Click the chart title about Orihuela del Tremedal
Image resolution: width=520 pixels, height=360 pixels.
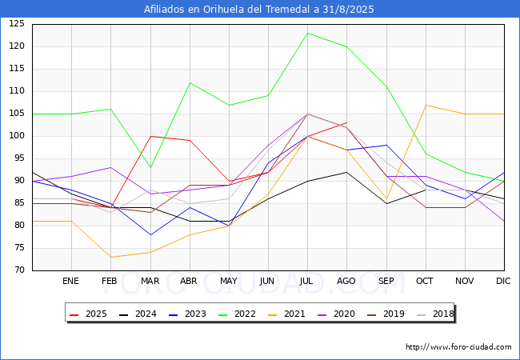[258, 10]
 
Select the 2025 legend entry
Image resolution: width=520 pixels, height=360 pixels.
[89, 314]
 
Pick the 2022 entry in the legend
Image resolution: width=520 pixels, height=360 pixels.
[237, 314]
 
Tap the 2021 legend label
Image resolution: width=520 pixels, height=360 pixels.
[287, 314]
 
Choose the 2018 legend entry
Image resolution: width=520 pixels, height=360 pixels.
[435, 314]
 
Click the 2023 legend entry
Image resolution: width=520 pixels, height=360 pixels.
[188, 314]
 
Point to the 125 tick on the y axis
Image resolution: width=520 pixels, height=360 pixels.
[17, 24]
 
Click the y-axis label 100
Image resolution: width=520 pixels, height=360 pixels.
[17, 136]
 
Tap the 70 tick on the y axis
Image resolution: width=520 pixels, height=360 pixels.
[19, 270]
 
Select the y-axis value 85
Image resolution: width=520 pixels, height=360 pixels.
[19, 203]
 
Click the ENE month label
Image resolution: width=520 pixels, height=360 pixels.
[70, 282]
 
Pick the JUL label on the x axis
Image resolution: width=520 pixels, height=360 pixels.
[306, 282]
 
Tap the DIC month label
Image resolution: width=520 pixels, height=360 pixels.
[503, 282]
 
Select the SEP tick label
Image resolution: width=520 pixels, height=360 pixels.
[386, 282]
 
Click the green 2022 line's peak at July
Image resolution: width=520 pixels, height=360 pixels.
[308, 33]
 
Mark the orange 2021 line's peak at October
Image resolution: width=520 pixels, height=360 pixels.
[426, 105]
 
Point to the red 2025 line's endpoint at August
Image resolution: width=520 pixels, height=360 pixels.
[346, 122]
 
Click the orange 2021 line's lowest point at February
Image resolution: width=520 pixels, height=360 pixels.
[110, 258]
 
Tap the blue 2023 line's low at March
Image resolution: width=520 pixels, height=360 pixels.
[151, 234]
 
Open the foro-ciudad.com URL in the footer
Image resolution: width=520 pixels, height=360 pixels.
[458, 347]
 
